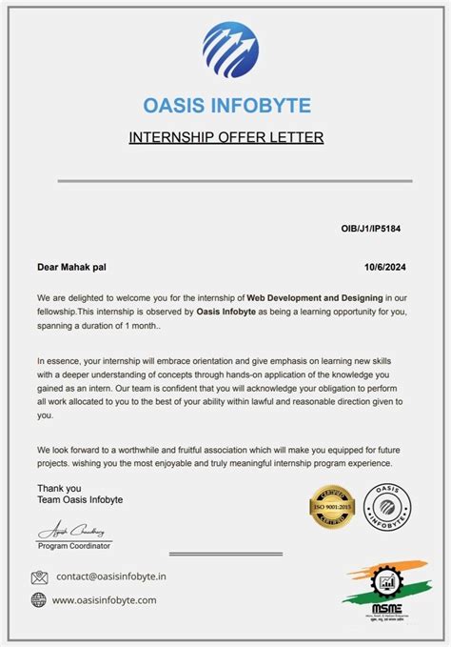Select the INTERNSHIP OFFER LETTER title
pos(226,138)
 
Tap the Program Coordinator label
pos(74,546)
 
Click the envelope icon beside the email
pos(39,576)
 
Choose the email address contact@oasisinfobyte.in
pos(111,576)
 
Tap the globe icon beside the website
pos(39,600)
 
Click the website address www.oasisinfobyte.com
pos(105,600)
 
